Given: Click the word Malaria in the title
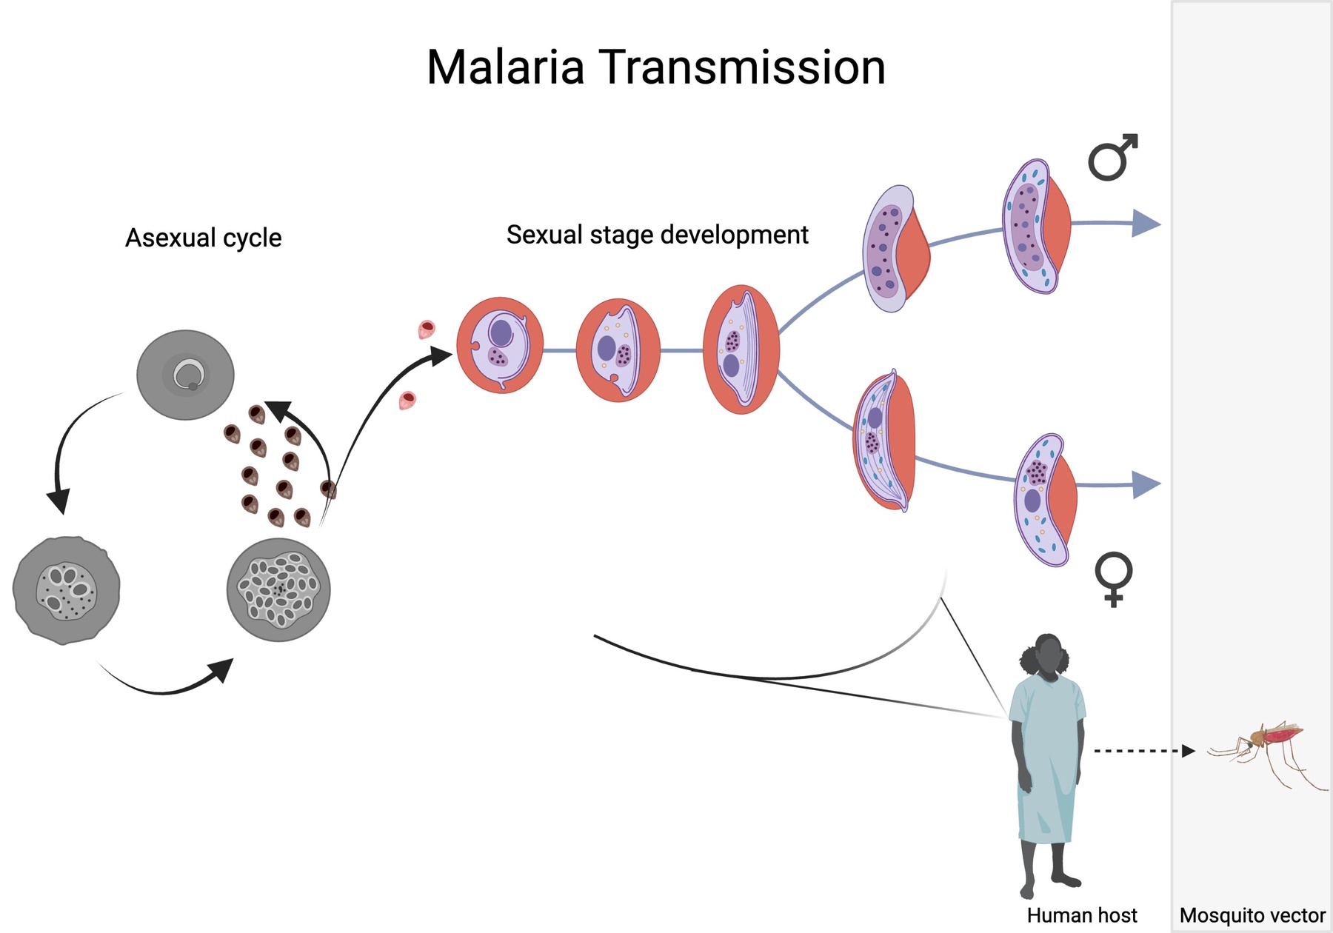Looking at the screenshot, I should [505, 67].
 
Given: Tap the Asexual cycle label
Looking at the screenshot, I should [203, 238].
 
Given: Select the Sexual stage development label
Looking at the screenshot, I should [657, 235].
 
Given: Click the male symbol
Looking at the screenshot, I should [1112, 158].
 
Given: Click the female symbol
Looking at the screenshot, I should [1113, 578].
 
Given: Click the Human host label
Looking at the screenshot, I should [1081, 915].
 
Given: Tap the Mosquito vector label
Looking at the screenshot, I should [1252, 915].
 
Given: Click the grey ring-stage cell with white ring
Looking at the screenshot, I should [185, 375].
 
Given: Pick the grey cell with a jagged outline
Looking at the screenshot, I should [66, 590].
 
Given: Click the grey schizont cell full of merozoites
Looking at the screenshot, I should [278, 590].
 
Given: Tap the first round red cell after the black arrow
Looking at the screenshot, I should [500, 345].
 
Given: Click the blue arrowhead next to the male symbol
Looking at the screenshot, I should [1145, 223].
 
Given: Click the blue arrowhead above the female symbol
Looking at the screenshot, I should [1145, 484].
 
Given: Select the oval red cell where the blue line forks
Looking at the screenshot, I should [741, 349].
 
